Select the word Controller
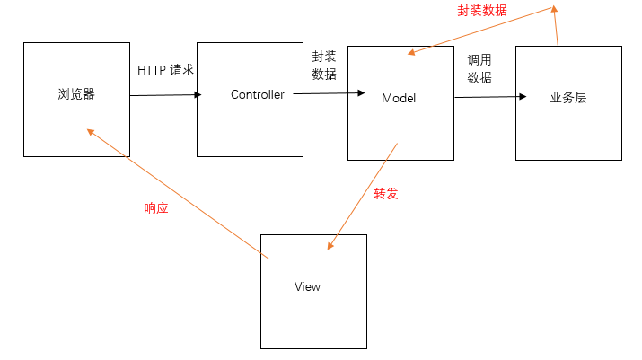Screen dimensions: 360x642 (x=258, y=94)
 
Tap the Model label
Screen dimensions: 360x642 (x=399, y=97)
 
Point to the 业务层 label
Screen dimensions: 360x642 (x=567, y=97)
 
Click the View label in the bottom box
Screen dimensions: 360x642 (x=307, y=286)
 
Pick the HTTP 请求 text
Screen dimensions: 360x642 (x=165, y=69)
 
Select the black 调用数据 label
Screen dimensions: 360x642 (x=479, y=69)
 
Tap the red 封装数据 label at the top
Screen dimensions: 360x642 (x=481, y=11)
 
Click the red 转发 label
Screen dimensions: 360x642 (x=386, y=193)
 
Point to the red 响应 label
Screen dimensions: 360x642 (x=156, y=208)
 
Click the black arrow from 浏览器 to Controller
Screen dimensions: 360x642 (x=166, y=94)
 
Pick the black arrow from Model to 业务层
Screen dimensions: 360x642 (x=489, y=97)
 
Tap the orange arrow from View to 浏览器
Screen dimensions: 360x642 (x=180, y=194)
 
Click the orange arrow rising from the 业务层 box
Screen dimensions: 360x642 (x=556, y=25)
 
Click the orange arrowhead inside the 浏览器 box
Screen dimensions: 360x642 (x=90, y=131)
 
